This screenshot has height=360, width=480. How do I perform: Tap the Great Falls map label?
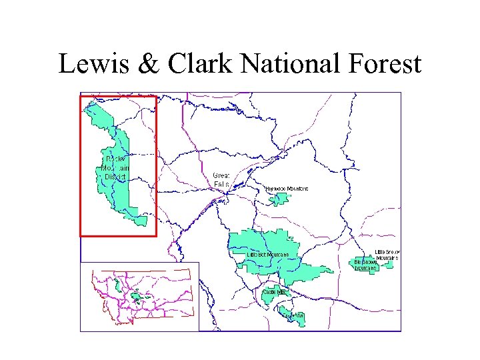pyautogui.click(x=221, y=179)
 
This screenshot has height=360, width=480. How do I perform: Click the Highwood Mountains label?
pyautogui.click(x=287, y=189)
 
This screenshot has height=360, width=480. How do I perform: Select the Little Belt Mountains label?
pyautogui.click(x=268, y=255)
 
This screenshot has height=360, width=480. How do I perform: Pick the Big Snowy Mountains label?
pyautogui.click(x=366, y=265)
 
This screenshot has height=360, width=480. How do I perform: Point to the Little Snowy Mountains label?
pyautogui.click(x=386, y=254)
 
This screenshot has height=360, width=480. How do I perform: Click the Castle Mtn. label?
pyautogui.click(x=273, y=291)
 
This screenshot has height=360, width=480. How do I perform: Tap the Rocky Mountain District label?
pyautogui.click(x=117, y=168)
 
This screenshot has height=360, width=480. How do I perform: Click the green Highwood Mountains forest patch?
pyautogui.click(x=276, y=199)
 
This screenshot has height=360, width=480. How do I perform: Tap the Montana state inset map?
pyautogui.click(x=140, y=295)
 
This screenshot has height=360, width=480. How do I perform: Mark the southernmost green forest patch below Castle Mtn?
pyautogui.click(x=294, y=317)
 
